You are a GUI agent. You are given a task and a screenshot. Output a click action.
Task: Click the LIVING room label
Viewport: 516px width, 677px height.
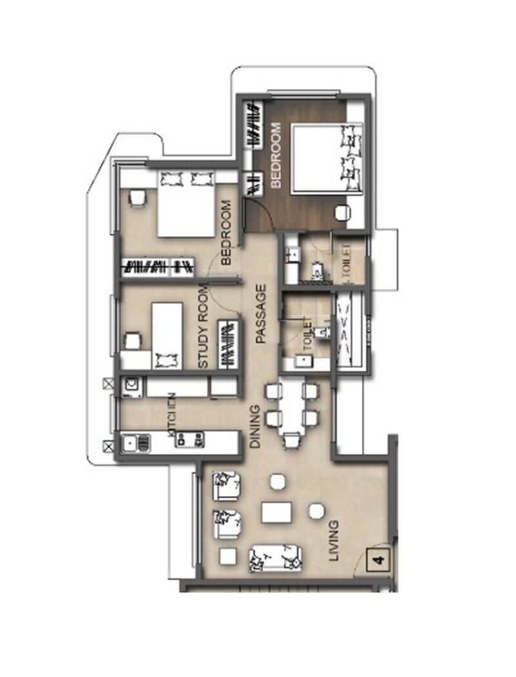coord(333,542)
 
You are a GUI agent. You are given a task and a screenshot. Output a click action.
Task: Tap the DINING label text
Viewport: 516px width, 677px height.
coord(255,427)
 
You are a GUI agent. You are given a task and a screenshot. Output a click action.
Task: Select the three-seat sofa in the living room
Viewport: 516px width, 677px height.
coord(276,558)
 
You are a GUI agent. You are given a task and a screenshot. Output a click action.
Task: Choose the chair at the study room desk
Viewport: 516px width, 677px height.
coord(133,340)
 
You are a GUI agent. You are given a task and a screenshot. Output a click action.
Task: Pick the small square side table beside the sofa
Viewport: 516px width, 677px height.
coord(227,556)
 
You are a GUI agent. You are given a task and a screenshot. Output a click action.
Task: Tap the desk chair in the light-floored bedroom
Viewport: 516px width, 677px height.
coord(137,197)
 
